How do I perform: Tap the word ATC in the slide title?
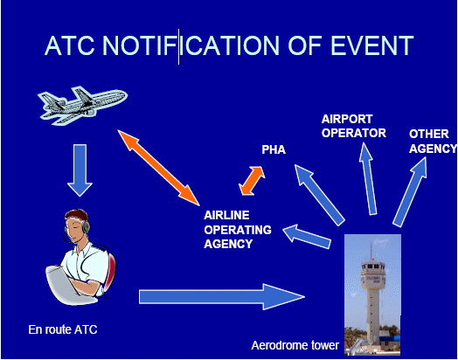tap(70, 45)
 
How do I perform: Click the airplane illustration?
tap(82, 105)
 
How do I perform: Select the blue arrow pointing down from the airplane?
tap(80, 170)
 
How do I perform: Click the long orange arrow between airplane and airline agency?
tap(158, 168)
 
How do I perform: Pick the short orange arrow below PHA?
tap(252, 181)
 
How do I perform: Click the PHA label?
tap(274, 149)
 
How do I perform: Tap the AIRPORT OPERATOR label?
tap(353, 126)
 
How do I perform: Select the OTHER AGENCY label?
tap(433, 142)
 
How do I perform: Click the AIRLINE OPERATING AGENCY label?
tap(238, 230)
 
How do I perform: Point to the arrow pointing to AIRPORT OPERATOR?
tap(368, 178)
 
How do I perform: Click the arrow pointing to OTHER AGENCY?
tap(410, 191)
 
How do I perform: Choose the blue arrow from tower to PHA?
tap(320, 195)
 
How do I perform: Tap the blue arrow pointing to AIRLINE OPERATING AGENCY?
tap(307, 237)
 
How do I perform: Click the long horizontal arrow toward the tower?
tap(222, 296)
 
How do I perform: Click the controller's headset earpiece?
tap(86, 226)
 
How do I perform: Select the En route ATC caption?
tap(63, 329)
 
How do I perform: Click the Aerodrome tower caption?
tap(295, 345)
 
